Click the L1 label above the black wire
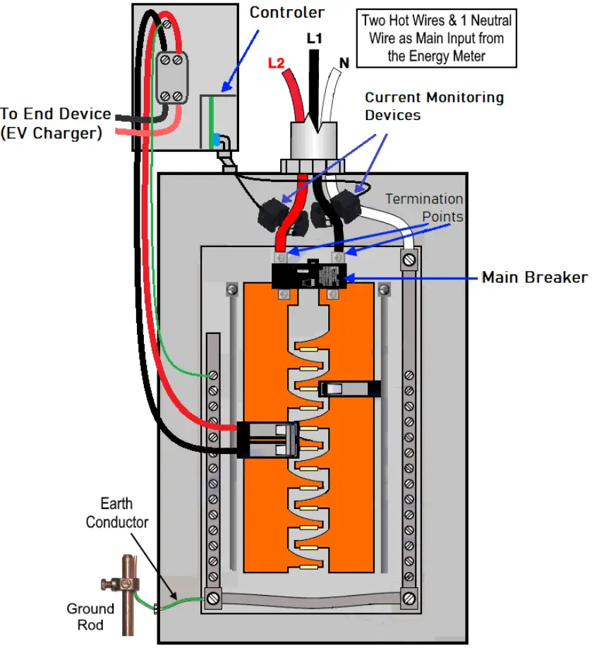click(314, 39)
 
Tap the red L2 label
click(276, 63)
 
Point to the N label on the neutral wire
click(344, 63)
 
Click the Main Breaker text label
click(534, 277)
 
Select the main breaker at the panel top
click(308, 275)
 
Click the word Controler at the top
click(287, 12)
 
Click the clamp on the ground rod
click(116, 584)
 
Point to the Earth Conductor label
click(117, 513)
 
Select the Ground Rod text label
click(90, 616)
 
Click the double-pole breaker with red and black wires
click(267, 439)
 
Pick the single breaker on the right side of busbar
click(349, 388)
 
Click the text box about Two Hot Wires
click(436, 38)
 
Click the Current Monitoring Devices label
click(433, 106)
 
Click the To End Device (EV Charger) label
click(55, 123)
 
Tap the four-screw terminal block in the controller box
click(170, 78)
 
